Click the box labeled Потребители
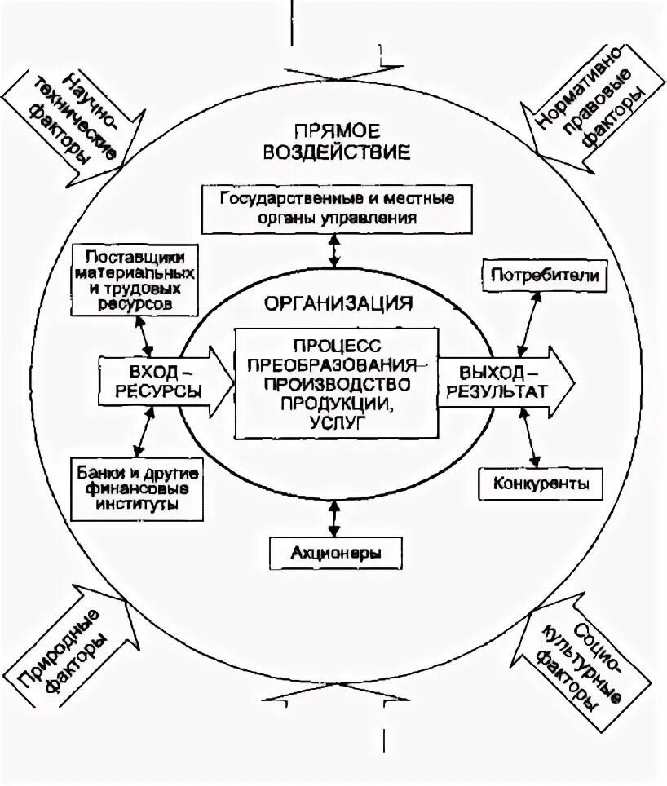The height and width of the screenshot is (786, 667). click(x=546, y=276)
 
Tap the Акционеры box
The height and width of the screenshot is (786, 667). click(x=335, y=552)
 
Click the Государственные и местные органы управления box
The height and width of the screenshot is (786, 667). click(x=335, y=207)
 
